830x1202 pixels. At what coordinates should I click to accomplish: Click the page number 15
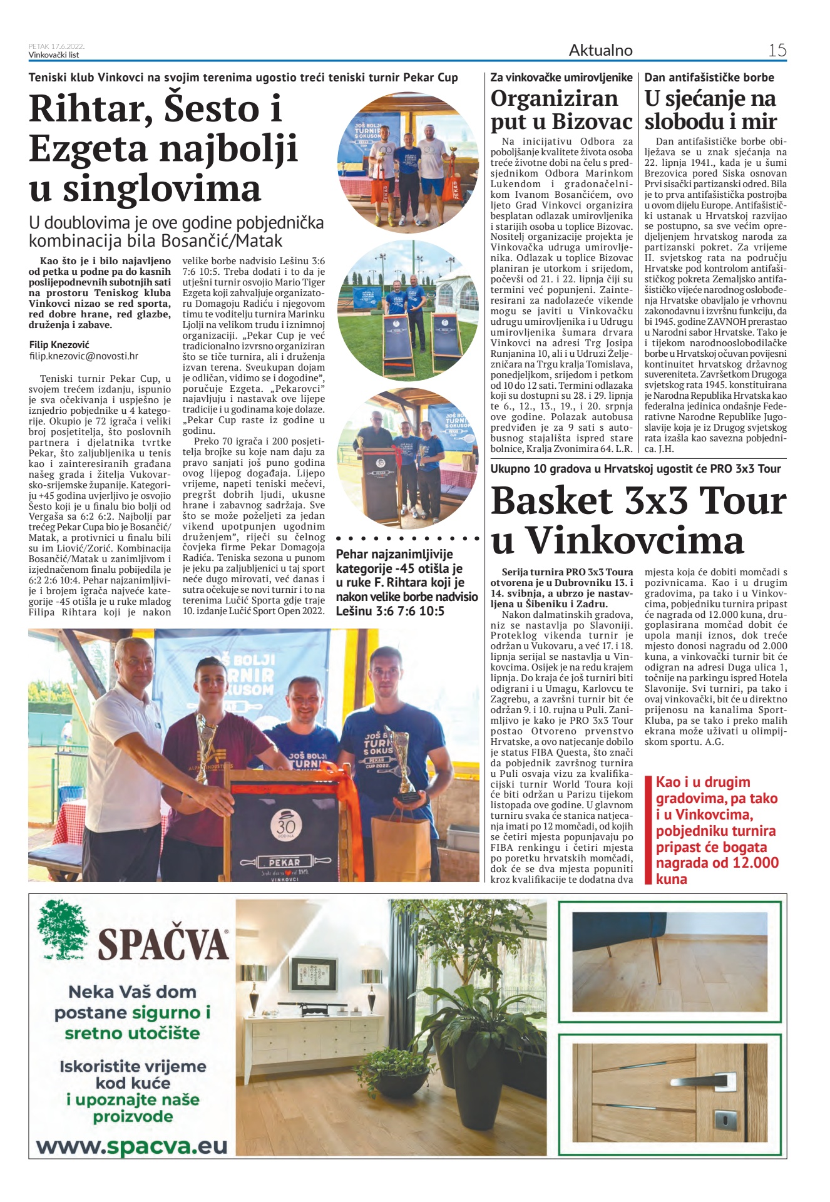click(777, 50)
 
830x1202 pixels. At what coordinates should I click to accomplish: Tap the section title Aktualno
click(600, 51)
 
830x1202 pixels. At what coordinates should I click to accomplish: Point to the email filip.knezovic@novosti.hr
click(84, 356)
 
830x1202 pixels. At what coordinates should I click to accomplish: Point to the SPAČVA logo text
click(163, 945)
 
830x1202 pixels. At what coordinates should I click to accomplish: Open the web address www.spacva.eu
click(131, 1146)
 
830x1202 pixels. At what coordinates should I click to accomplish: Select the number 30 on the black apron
click(285, 827)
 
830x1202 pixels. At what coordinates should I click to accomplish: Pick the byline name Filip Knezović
click(59, 345)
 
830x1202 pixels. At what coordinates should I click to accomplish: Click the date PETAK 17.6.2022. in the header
click(56, 46)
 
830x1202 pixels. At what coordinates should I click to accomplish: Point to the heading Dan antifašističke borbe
click(709, 78)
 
